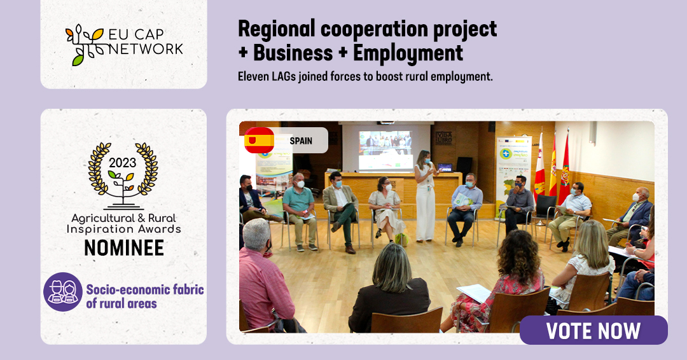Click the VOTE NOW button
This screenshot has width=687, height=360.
click(x=593, y=330)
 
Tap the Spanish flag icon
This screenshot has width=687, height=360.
click(x=260, y=140)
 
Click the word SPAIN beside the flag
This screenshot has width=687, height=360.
click(x=301, y=141)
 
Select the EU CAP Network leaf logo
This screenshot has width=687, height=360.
click(x=85, y=45)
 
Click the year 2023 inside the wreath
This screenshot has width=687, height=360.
click(x=123, y=163)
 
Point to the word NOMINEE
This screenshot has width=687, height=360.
click(x=124, y=248)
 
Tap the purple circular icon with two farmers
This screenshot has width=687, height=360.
click(x=63, y=292)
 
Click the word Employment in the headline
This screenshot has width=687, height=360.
click(x=408, y=53)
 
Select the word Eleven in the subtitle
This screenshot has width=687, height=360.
click(x=253, y=76)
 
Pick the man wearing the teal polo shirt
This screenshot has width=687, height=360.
click(x=300, y=211)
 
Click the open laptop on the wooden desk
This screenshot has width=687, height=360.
click(x=445, y=168)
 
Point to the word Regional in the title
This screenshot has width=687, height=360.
click(x=276, y=29)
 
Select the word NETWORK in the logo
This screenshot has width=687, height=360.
click(x=146, y=49)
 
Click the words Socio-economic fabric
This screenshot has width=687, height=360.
click(x=145, y=289)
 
